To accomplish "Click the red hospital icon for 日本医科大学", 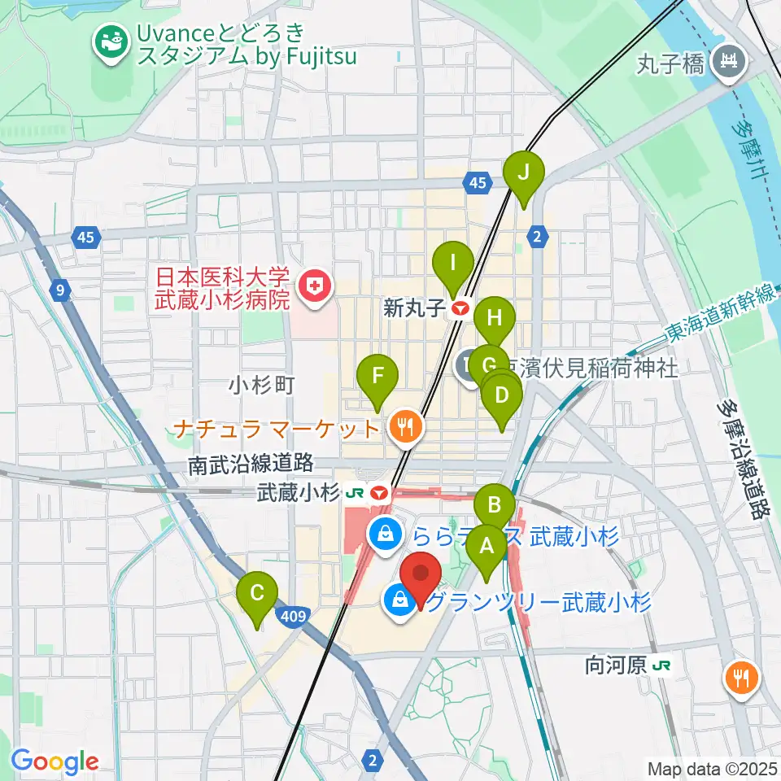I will [310, 286].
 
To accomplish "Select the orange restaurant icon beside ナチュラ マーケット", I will [404, 425].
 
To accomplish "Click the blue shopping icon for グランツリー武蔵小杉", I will [399, 602].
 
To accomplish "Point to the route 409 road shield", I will [294, 617].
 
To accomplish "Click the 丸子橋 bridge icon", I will [727, 61].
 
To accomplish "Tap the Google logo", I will [55, 761].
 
